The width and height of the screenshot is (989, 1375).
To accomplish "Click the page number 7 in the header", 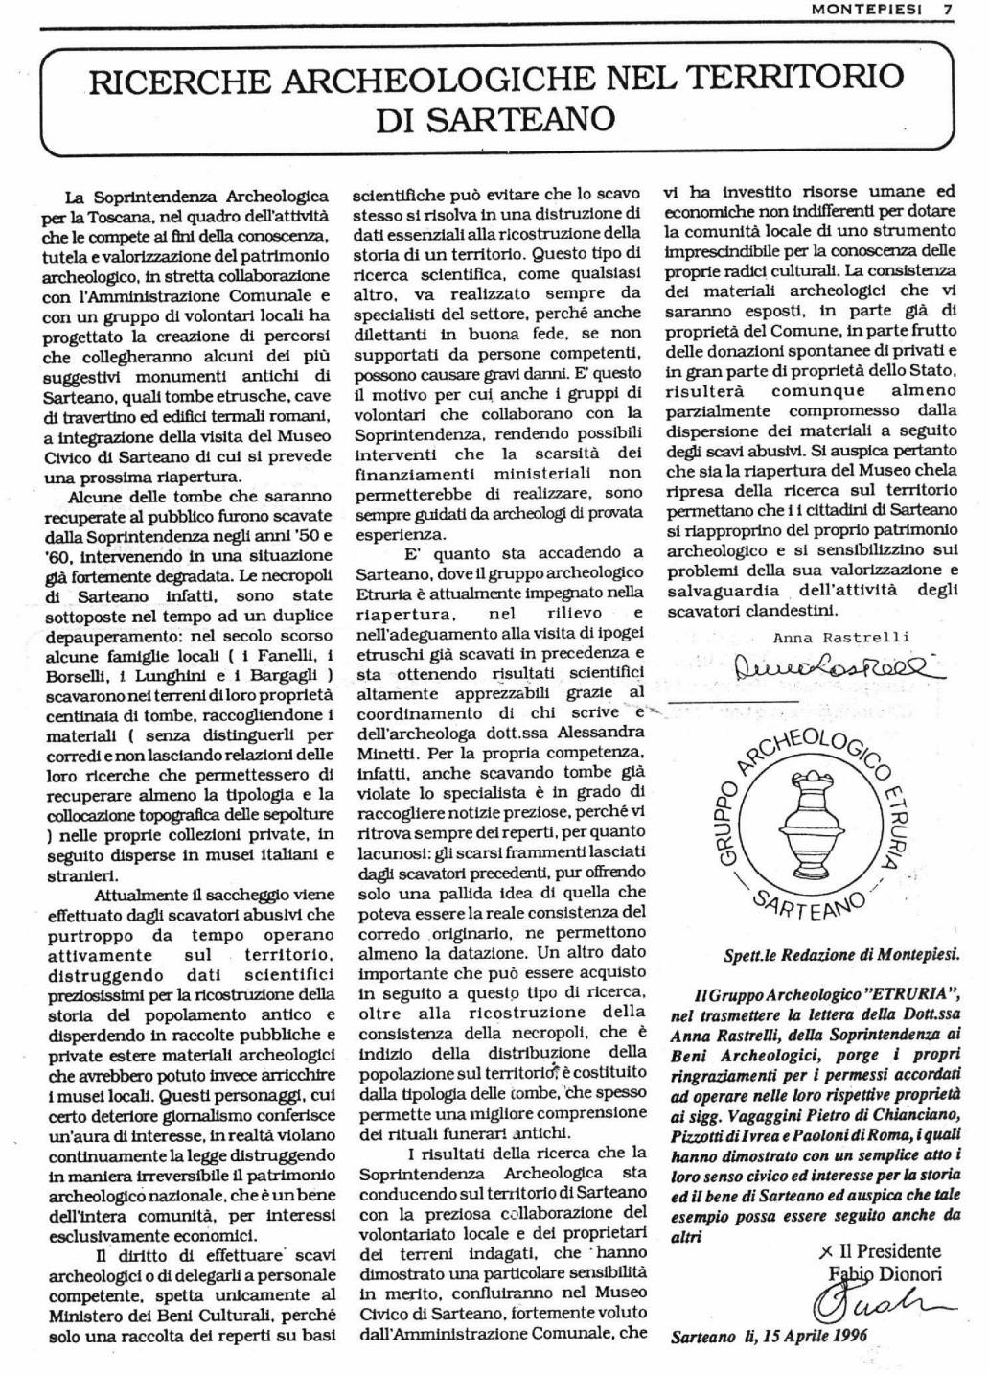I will coord(948,10).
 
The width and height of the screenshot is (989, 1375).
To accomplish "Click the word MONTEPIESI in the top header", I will coord(867,10).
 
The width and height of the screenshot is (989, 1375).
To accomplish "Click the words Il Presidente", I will coord(889,1250).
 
